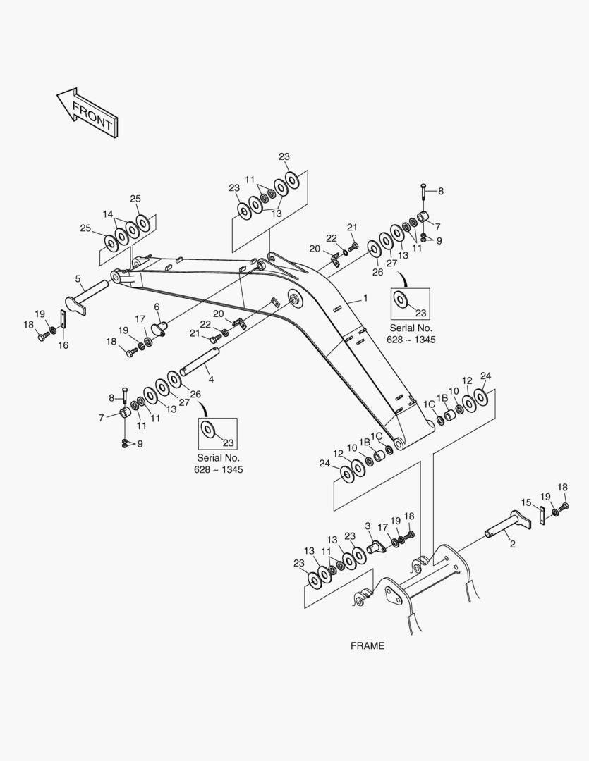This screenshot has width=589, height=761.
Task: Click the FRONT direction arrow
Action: tap(87, 113)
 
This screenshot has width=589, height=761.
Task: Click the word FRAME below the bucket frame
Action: tap(368, 645)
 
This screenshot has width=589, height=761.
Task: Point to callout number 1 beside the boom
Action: tap(365, 298)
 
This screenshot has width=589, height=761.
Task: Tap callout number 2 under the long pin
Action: tap(512, 544)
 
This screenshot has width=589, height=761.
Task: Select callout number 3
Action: tap(368, 526)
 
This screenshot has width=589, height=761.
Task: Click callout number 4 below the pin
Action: tap(210, 380)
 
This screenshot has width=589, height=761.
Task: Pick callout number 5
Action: tap(78, 279)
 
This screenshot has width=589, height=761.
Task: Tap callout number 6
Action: tap(157, 307)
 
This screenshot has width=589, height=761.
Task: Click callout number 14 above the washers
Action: tap(108, 214)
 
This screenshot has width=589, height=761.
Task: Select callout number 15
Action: tap(526, 502)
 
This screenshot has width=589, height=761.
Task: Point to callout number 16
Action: tap(63, 345)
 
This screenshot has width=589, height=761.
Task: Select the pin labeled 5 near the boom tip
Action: tap(87, 294)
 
